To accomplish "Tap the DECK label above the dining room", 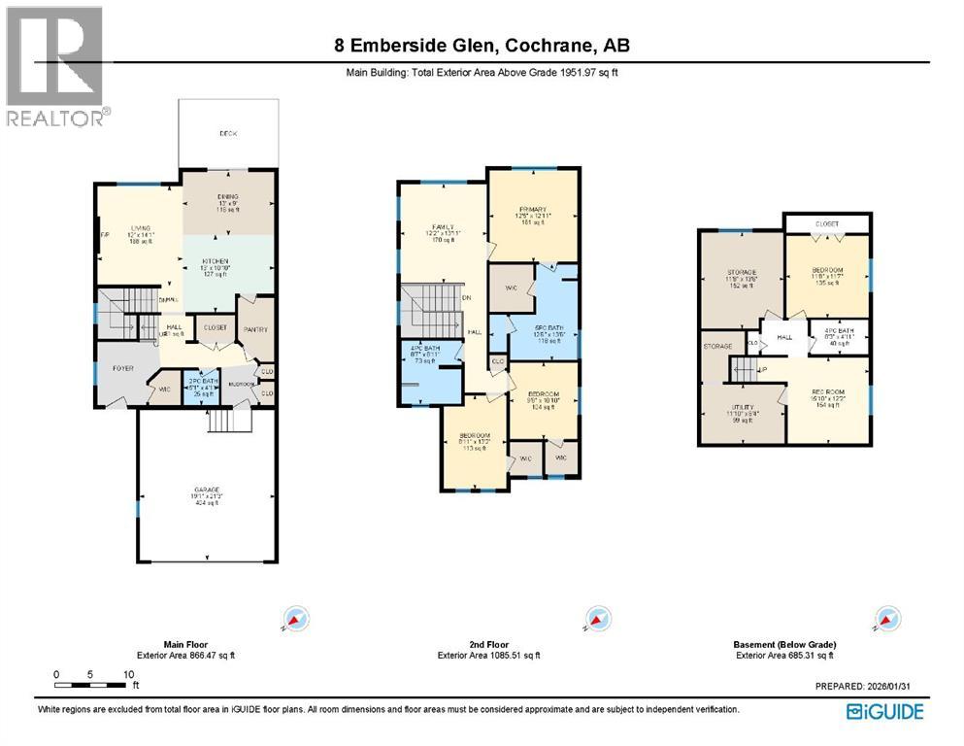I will tap(228, 133).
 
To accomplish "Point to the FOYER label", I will tap(122, 368).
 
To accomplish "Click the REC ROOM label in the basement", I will tap(826, 392).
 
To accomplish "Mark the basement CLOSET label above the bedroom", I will tap(826, 223).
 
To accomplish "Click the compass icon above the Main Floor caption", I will tap(296, 619).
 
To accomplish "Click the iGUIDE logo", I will tap(884, 712).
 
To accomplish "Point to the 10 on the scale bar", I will tap(128, 673).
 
